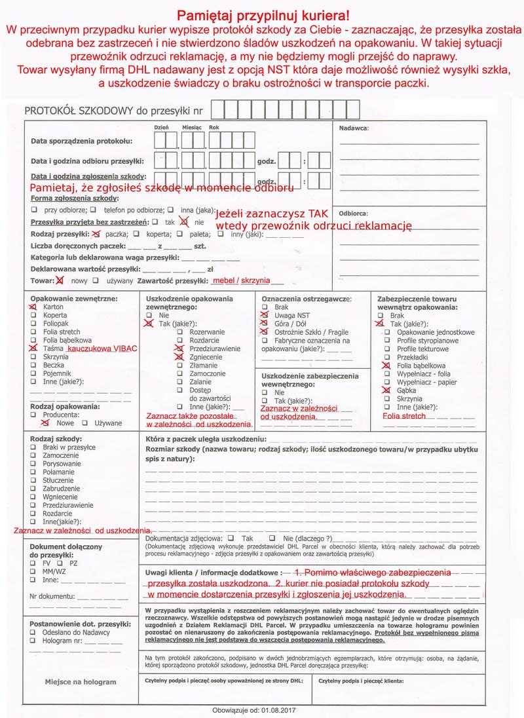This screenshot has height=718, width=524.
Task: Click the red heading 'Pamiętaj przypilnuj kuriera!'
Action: point(262,15)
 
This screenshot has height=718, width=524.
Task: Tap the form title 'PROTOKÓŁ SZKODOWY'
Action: point(79,111)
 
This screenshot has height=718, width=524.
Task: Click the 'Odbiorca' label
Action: point(353,214)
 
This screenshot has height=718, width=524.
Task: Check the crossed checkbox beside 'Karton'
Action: point(33,307)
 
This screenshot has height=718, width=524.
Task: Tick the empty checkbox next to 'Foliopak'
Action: point(33,324)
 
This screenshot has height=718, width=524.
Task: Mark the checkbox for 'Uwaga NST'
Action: point(265,315)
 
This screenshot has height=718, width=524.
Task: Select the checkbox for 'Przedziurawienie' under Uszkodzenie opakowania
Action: point(177,349)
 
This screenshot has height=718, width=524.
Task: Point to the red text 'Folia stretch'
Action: point(404,415)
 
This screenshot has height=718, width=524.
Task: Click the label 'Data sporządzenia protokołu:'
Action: point(82,141)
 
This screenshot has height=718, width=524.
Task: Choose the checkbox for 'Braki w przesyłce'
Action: point(33,447)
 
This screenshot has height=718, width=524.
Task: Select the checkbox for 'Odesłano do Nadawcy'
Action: point(33,632)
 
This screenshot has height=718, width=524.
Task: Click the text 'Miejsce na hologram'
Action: point(81,682)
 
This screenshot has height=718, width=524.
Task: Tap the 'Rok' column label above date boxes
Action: point(214,127)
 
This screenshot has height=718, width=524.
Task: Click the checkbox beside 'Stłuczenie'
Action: point(33,480)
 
